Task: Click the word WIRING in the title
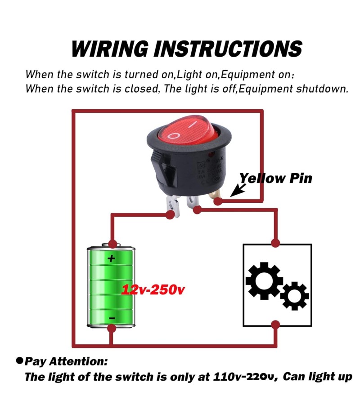pyautogui.click(x=110, y=48)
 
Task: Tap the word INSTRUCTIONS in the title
pyautogui.click(x=228, y=48)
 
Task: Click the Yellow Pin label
pyautogui.click(x=275, y=178)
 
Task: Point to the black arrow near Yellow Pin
pyautogui.click(x=237, y=191)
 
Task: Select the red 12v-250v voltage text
pyautogui.click(x=153, y=290)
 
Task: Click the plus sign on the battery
pyautogui.click(x=111, y=258)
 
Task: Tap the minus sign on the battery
pyautogui.click(x=112, y=318)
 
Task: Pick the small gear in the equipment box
pyautogui.click(x=295, y=295)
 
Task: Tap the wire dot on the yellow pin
pyautogui.click(x=218, y=201)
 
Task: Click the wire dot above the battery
pyautogui.click(x=112, y=243)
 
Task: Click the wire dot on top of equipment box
pyautogui.click(x=276, y=243)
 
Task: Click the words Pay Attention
pyautogui.click(x=66, y=361)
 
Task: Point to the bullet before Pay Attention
pyautogui.click(x=19, y=360)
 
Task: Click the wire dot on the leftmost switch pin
pyautogui.click(x=171, y=215)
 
